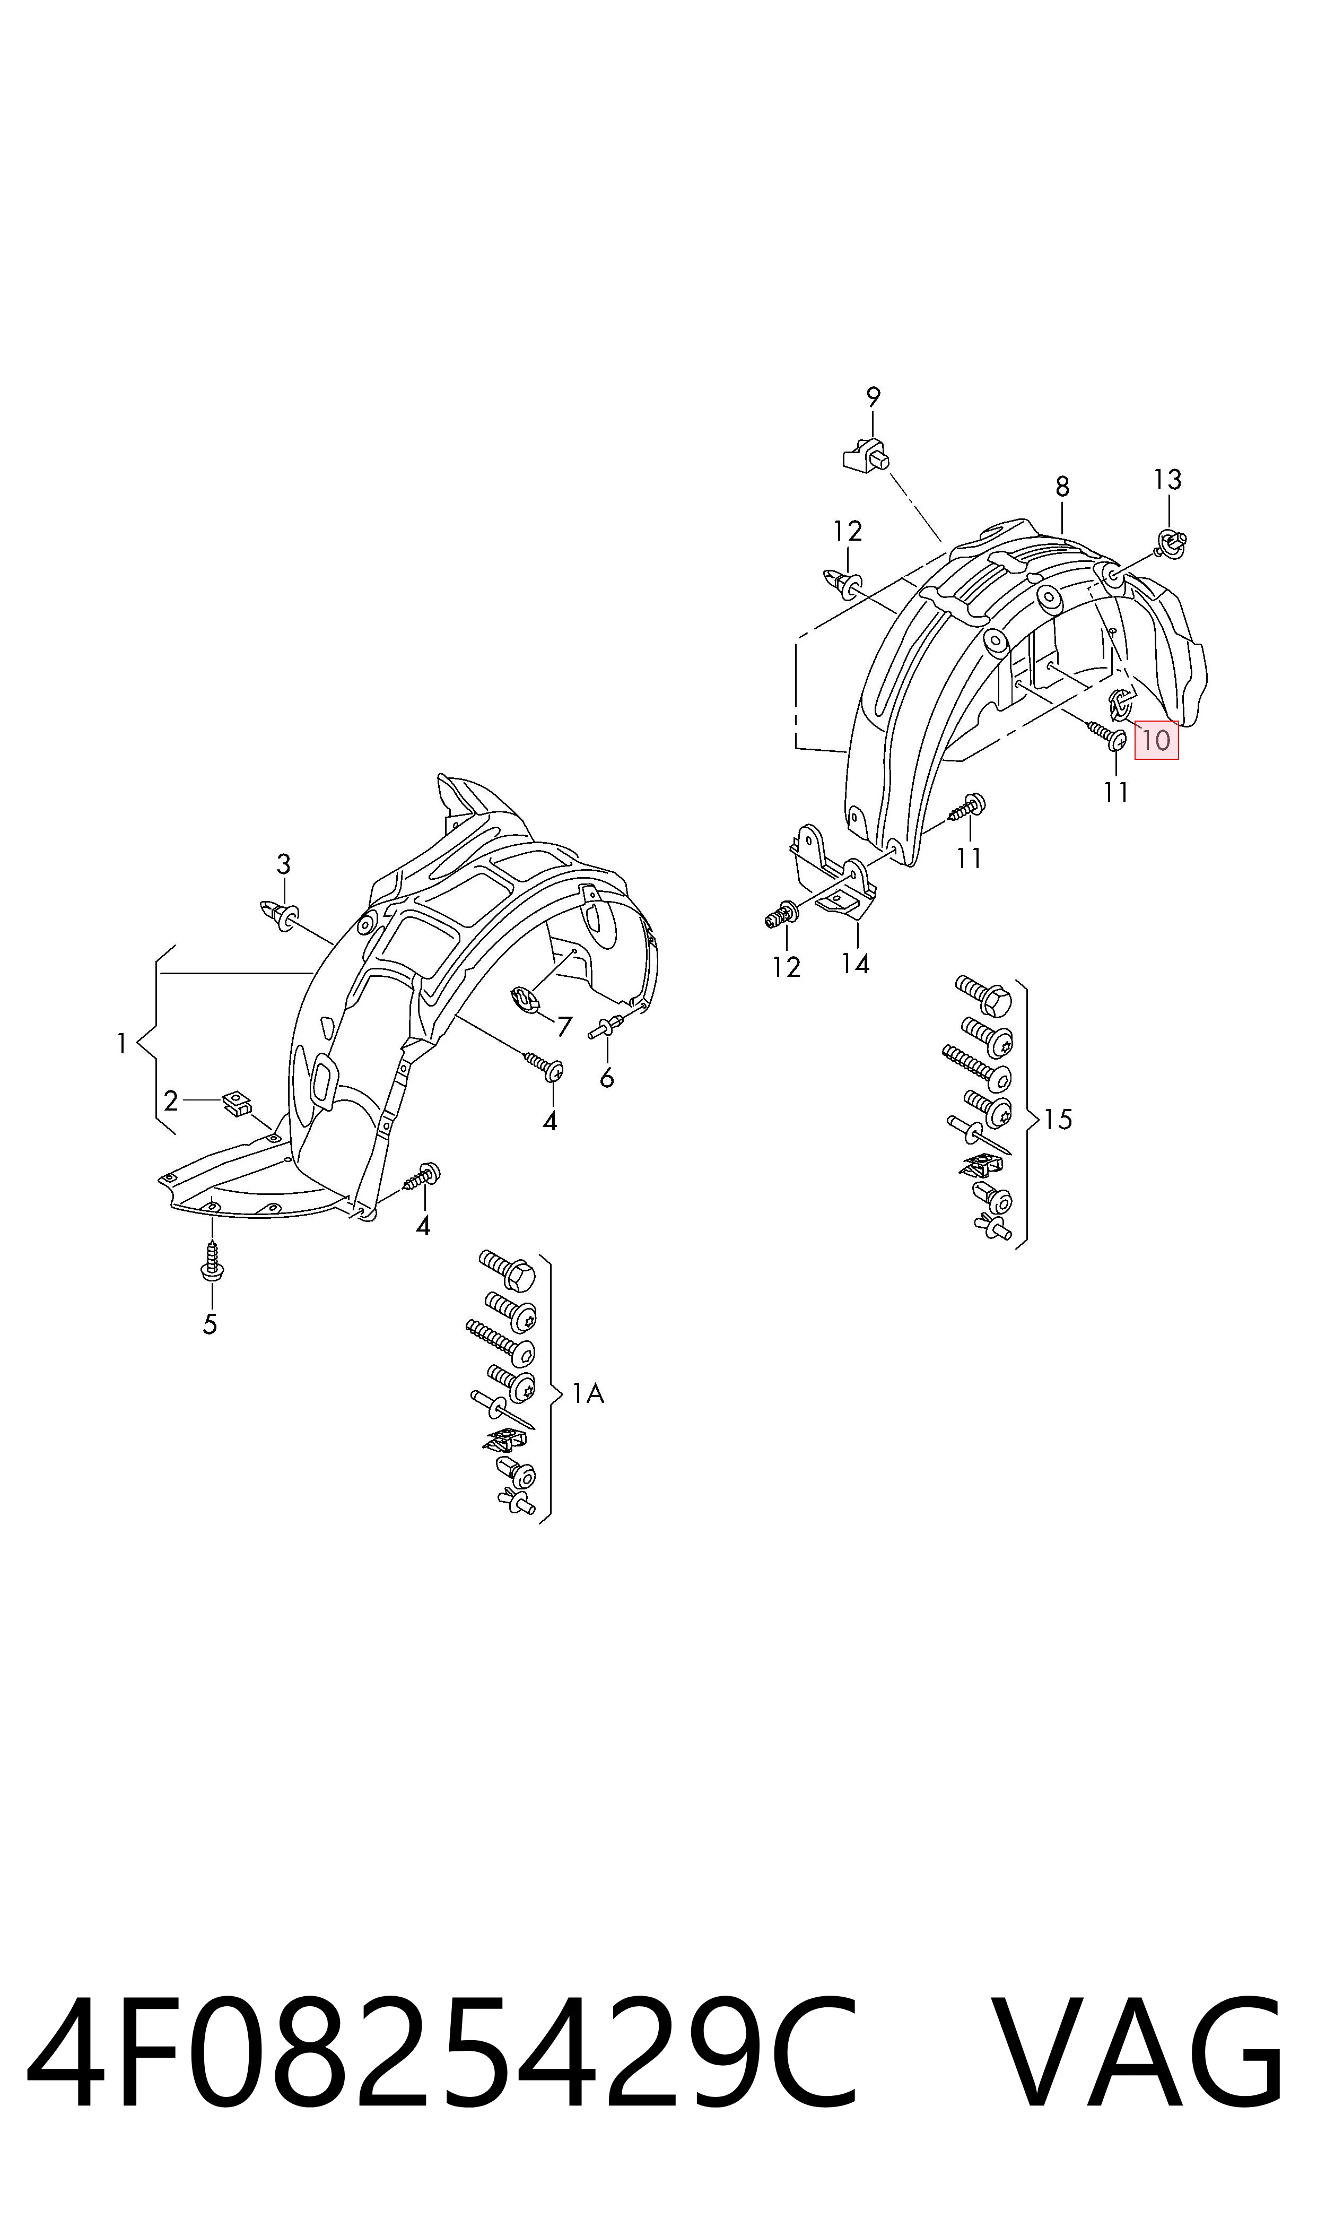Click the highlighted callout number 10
coord(1156,740)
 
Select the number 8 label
coord(1062,487)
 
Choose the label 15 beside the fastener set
coord(1058,1120)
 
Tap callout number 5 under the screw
coord(210,1324)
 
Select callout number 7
coord(564,1027)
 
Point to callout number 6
coord(607,1078)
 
